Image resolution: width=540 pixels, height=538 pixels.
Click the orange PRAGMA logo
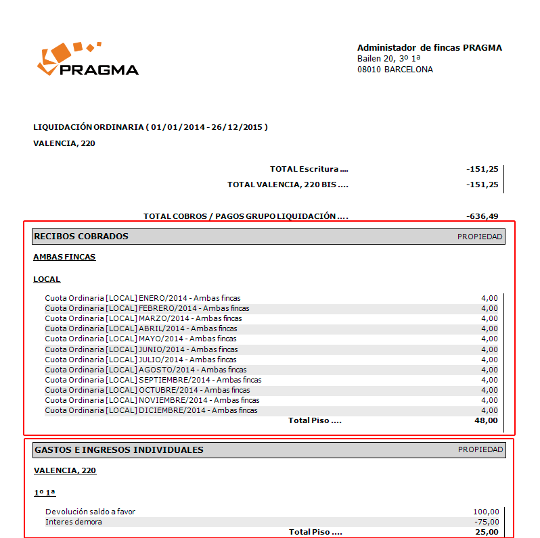pos(87,59)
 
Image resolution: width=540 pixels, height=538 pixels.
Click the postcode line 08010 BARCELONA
pos(395,70)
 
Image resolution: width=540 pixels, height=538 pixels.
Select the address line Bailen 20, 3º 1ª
pos(389,59)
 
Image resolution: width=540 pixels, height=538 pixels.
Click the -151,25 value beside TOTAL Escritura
pos(482,169)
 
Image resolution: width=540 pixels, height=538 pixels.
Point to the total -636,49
pos(482,216)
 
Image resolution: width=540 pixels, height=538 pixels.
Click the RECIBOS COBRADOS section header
pos(81,237)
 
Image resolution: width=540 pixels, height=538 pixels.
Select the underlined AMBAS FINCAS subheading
pos(64,257)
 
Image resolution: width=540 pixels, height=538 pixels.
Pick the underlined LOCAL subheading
pos(47,279)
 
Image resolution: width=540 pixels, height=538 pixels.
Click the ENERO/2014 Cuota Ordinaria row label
pos(143,298)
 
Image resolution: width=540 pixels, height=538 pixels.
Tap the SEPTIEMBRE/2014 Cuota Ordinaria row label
pos(153,380)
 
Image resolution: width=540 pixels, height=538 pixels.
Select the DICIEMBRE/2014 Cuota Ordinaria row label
pos(151,410)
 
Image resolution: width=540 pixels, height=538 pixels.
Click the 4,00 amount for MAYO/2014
pos(489,339)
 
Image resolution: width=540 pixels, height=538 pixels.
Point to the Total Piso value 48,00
pos(487,420)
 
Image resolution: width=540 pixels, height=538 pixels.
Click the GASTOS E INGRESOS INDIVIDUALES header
pos(118,450)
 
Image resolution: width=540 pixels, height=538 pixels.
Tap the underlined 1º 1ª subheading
pos(45,493)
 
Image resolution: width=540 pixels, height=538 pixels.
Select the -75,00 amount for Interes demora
pos(487,522)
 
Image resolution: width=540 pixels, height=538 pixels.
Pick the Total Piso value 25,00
pos(487,532)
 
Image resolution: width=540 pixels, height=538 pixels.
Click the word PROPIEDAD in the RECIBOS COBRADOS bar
pos(480,237)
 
